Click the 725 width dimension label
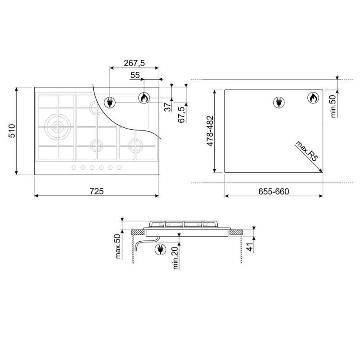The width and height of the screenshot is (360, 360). tap(97, 191)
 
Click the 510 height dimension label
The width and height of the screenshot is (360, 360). tap(12, 131)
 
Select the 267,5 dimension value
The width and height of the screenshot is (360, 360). tap(134, 63)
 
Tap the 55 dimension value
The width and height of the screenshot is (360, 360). tap(135, 75)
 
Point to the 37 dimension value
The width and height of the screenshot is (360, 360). tap(168, 107)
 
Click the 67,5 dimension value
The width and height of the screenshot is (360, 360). tap(181, 115)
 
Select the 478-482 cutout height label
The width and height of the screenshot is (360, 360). tap(210, 131)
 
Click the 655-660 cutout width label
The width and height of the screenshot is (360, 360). tap(274, 192)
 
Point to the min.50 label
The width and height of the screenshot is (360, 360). tap(333, 106)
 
